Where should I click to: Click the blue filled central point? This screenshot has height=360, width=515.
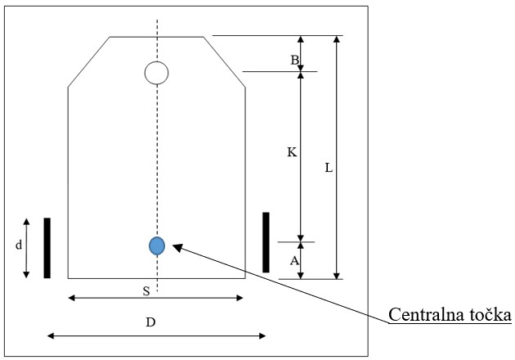click(x=157, y=245)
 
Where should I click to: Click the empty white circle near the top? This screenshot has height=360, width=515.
click(x=156, y=73)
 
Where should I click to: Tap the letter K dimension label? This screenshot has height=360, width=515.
click(x=292, y=152)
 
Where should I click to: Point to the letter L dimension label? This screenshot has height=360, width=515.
click(x=329, y=169)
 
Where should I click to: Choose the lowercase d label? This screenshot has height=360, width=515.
click(x=19, y=245)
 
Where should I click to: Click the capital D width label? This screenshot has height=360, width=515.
click(x=150, y=322)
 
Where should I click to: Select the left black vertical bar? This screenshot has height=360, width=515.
click(x=47, y=248)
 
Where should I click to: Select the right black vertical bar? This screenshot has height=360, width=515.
click(x=266, y=242)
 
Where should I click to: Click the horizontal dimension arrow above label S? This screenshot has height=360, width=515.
click(x=155, y=298)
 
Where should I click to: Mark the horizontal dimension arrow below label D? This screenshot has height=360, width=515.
click(x=156, y=335)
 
